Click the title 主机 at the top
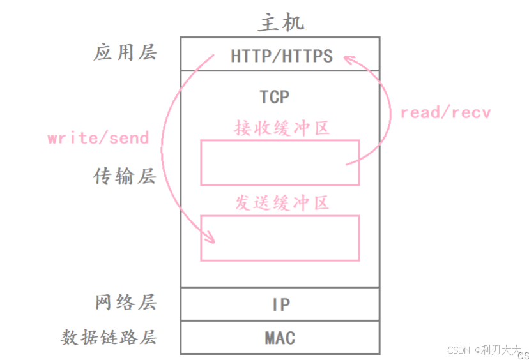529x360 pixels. point(281,22)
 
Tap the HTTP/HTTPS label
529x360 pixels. point(282,56)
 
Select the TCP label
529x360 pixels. point(274,97)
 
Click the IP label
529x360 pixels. point(281,304)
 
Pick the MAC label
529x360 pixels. point(280,337)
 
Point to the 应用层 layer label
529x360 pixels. point(125,52)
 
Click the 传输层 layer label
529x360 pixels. point(125,176)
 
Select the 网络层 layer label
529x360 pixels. point(125,302)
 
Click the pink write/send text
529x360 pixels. point(98,138)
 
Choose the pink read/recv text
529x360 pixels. point(445,113)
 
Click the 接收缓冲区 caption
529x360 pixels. point(281,128)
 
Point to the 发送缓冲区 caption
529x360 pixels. point(281,203)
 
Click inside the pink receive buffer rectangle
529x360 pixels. point(280,163)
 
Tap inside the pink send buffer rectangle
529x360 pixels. point(280,238)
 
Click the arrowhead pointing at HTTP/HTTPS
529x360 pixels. point(348,59)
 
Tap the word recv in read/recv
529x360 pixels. point(470,113)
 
